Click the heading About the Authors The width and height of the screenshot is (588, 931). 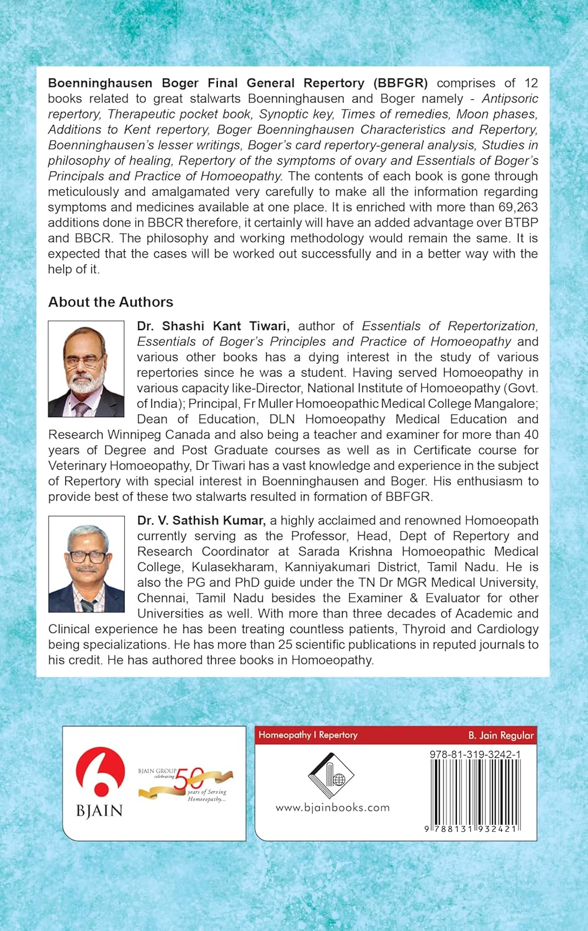[111, 302]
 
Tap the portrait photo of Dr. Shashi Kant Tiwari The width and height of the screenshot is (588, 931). [86, 369]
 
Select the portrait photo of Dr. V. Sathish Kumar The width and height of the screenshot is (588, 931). [86, 564]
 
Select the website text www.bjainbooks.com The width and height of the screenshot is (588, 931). [332, 807]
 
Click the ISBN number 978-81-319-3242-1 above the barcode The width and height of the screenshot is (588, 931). [475, 754]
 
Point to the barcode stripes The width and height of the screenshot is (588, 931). [475, 791]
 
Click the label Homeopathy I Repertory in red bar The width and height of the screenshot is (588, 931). [308, 735]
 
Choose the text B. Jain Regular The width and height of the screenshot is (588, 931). [500, 735]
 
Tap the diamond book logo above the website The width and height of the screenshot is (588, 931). [331, 776]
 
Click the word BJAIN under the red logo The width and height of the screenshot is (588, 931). [100, 811]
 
